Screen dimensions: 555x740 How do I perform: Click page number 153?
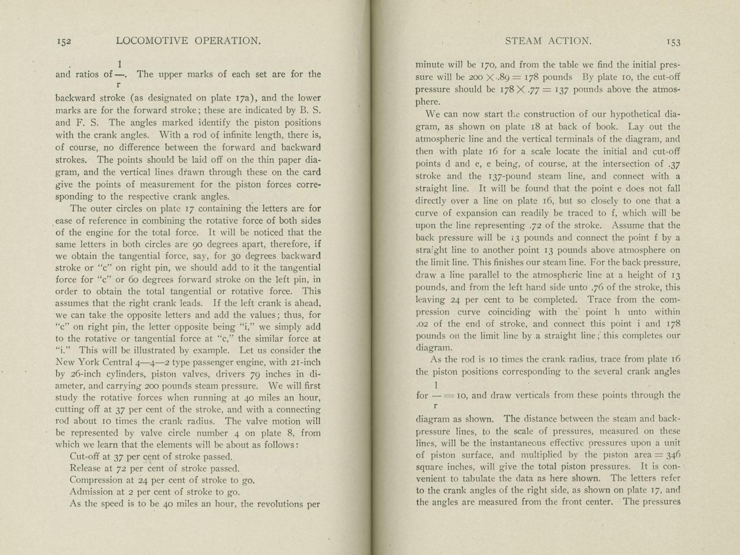(673, 42)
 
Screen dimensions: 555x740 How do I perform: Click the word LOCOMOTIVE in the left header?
(152, 41)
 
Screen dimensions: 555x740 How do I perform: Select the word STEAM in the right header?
(523, 41)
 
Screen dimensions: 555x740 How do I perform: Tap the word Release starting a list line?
(85, 469)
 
